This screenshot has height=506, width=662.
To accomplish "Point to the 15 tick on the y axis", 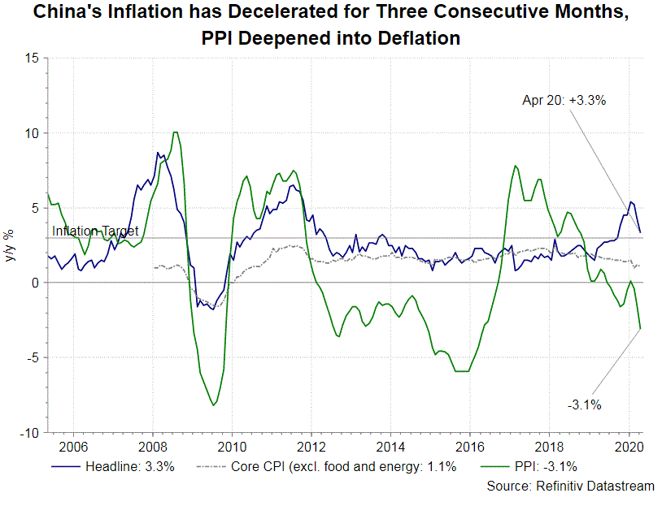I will click(32, 58).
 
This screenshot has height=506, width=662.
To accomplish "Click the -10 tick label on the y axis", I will click(29, 433).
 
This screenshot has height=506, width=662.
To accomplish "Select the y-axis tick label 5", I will click(35, 208).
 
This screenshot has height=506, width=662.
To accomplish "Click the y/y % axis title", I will click(10, 245).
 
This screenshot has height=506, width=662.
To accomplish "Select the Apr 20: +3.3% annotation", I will click(564, 101).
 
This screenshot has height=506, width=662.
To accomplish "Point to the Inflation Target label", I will click(95, 231).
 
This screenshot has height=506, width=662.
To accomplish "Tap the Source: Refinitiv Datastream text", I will click(570, 486).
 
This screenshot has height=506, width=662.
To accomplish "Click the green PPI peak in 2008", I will click(175, 132).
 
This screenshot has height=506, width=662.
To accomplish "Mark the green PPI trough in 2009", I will click(213, 404).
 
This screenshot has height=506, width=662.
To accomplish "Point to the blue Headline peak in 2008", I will click(158, 153).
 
